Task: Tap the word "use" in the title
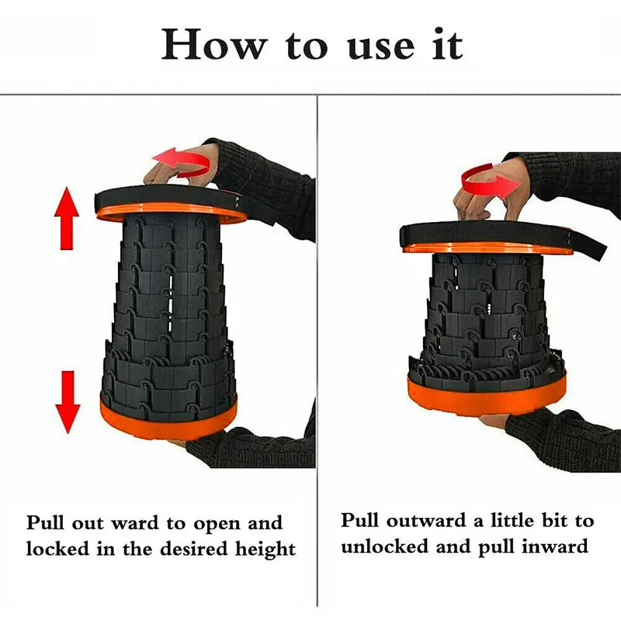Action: click(x=380, y=47)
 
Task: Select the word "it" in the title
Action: click(x=447, y=44)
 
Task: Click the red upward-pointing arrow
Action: click(x=67, y=218)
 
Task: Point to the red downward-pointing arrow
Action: click(x=68, y=402)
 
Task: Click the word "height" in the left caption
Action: click(x=265, y=550)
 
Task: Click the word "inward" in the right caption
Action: click(x=554, y=546)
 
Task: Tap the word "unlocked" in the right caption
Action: click(x=384, y=546)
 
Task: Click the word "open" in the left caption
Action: click(x=217, y=526)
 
